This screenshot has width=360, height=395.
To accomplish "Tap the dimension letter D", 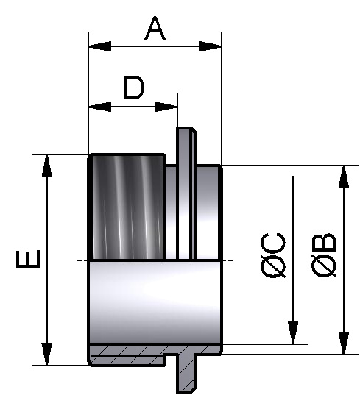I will pyautogui.click(x=133, y=88).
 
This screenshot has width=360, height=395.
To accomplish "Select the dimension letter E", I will pyautogui.click(x=29, y=260).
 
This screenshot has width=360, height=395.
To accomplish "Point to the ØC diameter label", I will pyautogui.click(x=273, y=255).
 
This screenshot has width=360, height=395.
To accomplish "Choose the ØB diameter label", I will pyautogui.click(x=324, y=255).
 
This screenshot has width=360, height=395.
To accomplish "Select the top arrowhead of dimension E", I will pyautogui.click(x=47, y=165).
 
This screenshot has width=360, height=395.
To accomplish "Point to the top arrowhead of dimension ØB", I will pyautogui.click(x=343, y=176).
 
